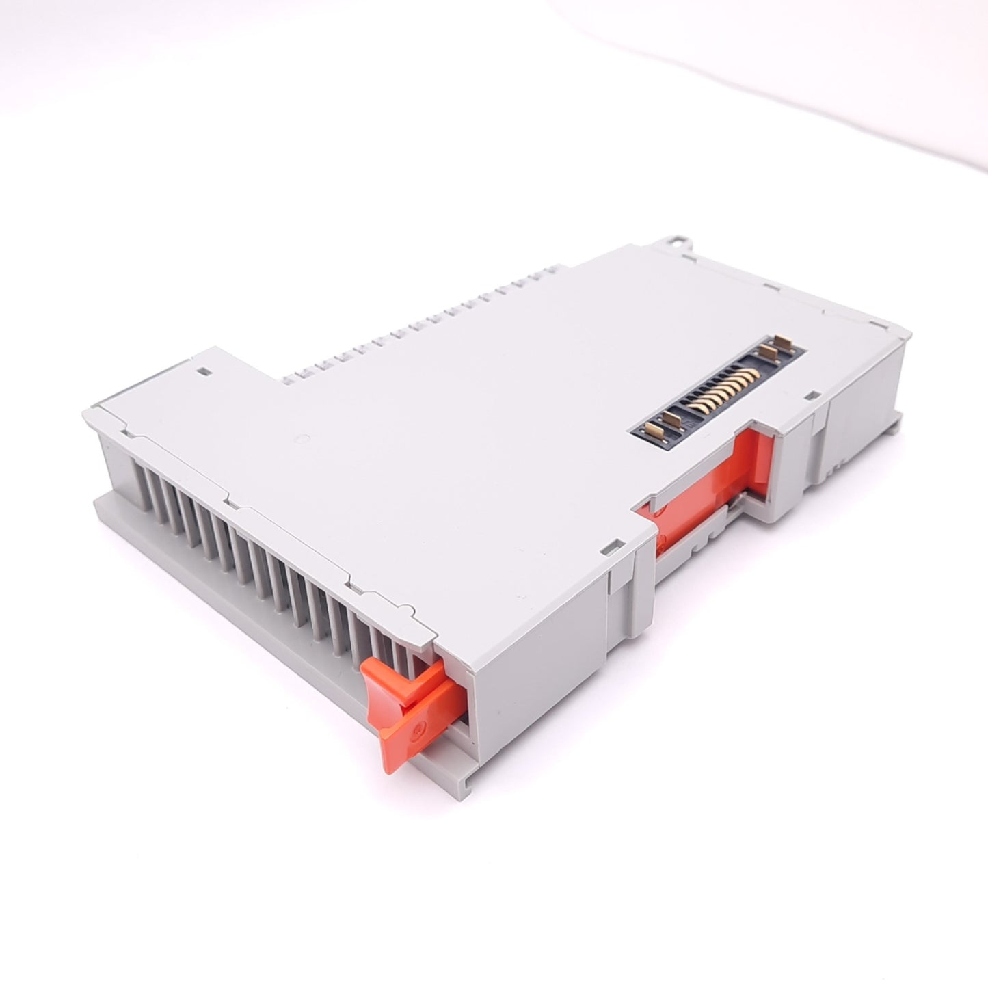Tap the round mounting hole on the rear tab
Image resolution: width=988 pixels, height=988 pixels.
coord(677,241)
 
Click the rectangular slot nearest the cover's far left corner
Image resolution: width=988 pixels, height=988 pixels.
coord(202,373)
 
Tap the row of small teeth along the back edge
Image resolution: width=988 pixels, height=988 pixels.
coord(417,321)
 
